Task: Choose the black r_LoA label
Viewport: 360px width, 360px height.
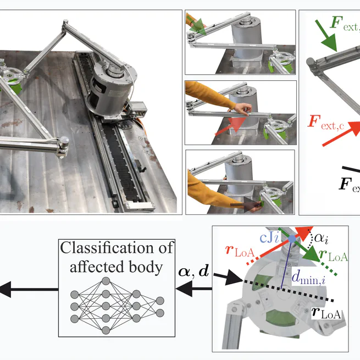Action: click(x=327, y=313)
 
